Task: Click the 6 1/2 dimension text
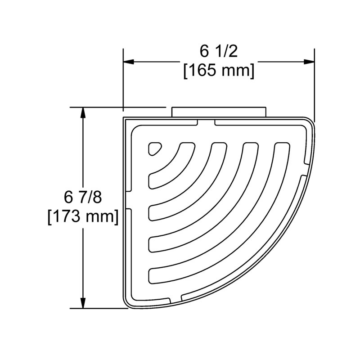[218, 51]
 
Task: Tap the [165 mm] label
[219, 70]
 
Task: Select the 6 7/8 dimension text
[83, 198]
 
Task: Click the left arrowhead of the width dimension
[129, 62]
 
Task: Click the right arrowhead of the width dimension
[309, 62]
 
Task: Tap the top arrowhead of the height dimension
[83, 112]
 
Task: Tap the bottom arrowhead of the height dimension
[83, 303]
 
